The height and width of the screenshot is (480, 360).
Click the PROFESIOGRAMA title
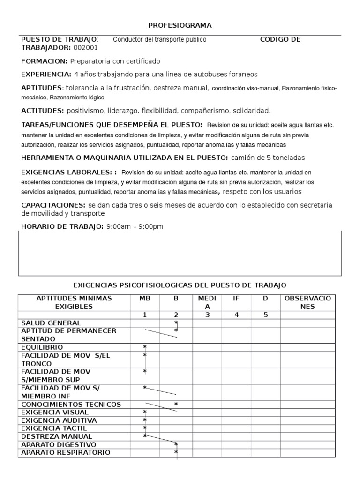180,25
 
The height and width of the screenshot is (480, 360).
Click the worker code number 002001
86,48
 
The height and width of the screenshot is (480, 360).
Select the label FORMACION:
45,61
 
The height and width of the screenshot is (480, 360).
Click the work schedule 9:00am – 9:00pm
135,227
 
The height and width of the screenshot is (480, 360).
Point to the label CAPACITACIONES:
53,205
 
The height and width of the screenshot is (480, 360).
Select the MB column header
145,299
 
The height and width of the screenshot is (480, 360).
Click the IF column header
236,299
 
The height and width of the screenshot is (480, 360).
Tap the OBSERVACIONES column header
307,302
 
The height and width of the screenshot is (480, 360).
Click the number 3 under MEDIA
207,315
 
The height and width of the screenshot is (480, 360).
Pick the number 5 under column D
265,315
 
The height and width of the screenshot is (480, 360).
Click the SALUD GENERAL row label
51,323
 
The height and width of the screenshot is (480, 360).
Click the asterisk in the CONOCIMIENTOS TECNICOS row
176,404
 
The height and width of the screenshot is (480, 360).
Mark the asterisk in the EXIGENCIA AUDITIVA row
145,420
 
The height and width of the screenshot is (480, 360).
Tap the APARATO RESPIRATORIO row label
66,452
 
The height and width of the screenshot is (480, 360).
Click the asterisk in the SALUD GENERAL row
176,323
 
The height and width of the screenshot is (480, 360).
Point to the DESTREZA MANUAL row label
57,436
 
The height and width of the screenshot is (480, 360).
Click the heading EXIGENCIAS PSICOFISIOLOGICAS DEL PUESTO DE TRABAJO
180,285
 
